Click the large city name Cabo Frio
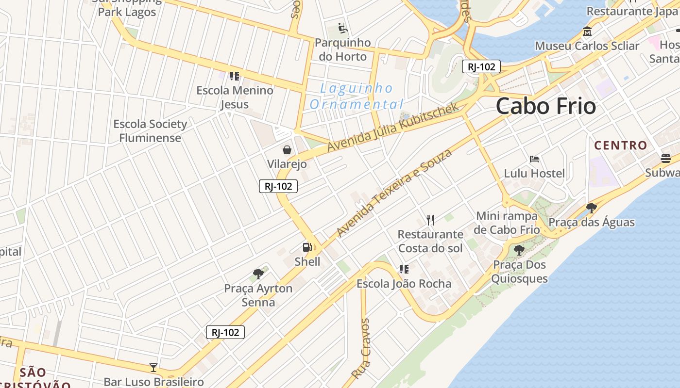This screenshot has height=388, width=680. (x=545, y=106)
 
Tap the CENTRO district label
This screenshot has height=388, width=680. (x=621, y=145)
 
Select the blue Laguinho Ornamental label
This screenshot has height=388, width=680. (x=357, y=96)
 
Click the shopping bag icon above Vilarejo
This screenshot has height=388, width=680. (x=287, y=149)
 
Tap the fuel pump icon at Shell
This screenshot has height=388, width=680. (x=307, y=247)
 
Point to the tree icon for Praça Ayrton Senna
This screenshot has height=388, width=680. (x=258, y=274)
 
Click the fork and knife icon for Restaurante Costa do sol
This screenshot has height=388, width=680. (x=430, y=220)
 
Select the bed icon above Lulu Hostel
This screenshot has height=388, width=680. (x=534, y=159)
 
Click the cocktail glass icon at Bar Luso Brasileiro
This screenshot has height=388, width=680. (x=153, y=368)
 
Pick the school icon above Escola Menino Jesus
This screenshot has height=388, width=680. (x=235, y=76)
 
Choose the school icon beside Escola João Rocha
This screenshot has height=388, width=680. (x=404, y=269)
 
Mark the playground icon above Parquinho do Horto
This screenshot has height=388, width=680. (x=343, y=28)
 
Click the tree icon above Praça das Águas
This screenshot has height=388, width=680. (x=591, y=208)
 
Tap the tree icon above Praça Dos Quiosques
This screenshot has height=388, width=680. (x=519, y=250)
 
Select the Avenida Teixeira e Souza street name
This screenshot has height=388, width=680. (x=394, y=193)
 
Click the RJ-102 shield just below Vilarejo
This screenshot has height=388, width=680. (x=278, y=186)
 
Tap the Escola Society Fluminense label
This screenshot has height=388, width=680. (x=150, y=131)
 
